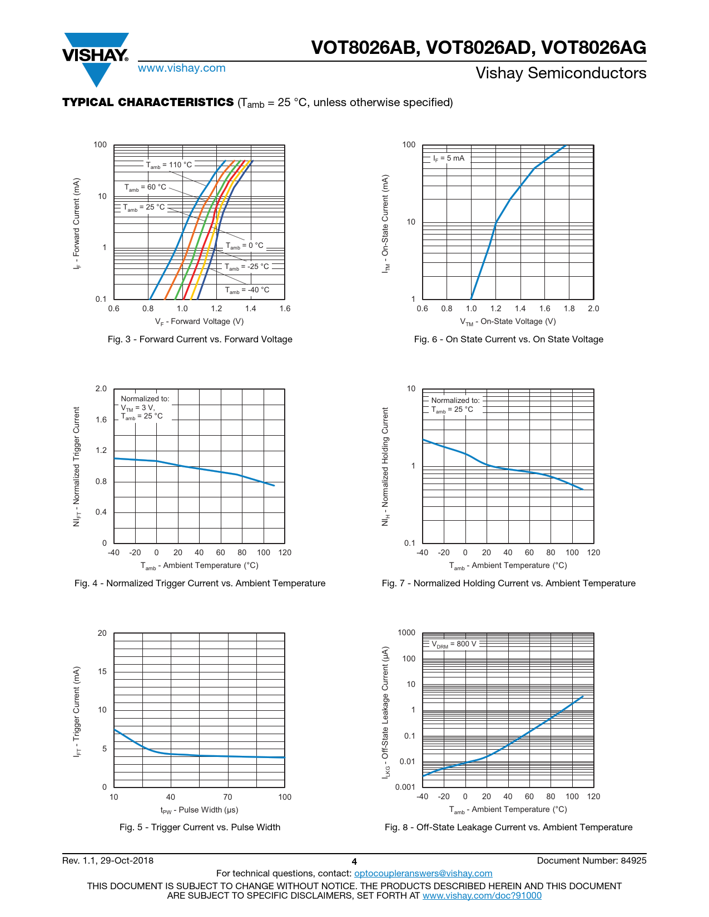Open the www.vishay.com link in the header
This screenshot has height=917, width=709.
pyautogui.click(x=182, y=68)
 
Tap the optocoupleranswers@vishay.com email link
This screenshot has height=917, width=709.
pyautogui.click(x=423, y=874)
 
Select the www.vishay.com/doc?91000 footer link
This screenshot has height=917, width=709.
pyautogui.click(x=482, y=895)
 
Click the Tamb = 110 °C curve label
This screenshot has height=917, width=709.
pyautogui.click(x=169, y=165)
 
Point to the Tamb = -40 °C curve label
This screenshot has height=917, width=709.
pyautogui.click(x=247, y=290)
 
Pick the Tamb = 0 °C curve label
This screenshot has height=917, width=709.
pyautogui.click(x=245, y=246)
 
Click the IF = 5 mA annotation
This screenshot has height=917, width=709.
pyautogui.click(x=449, y=158)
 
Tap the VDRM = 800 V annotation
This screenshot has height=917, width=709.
pyautogui.click(x=454, y=644)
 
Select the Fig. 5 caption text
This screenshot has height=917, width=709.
pyautogui.click(x=200, y=828)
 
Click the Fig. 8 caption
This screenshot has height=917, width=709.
pyautogui.click(x=508, y=828)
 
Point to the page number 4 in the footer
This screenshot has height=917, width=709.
pyautogui.click(x=354, y=862)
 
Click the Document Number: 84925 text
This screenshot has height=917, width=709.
pyautogui.click(x=592, y=861)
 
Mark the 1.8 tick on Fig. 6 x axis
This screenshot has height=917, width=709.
pyautogui.click(x=569, y=309)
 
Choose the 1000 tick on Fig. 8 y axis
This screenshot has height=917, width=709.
pyautogui.click(x=406, y=633)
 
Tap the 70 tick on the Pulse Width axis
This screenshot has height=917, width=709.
pyautogui.click(x=227, y=798)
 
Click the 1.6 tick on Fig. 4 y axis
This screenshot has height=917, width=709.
pyautogui.click(x=101, y=420)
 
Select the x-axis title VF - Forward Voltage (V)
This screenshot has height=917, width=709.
pyautogui.click(x=199, y=322)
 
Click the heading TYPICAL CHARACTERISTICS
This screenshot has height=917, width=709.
pyautogui.click(x=148, y=103)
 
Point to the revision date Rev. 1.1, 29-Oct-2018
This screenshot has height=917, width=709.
pyautogui.click(x=108, y=861)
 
